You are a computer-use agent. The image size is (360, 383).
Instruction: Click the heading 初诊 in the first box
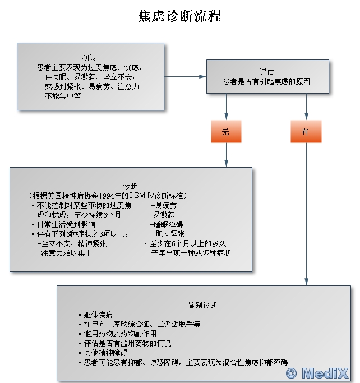coord(89,58)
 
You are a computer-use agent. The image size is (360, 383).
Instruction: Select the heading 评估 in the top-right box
coord(266,72)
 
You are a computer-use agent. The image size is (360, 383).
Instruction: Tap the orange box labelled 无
coord(225,132)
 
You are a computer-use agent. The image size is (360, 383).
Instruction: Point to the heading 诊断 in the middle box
coord(130,186)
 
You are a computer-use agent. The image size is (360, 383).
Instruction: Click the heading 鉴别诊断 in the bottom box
coord(202,305)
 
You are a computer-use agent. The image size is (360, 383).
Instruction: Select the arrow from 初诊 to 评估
coord(185,76)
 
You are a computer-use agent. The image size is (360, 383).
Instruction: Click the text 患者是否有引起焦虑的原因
coord(266,81)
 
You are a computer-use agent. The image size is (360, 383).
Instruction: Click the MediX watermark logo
coord(317,373)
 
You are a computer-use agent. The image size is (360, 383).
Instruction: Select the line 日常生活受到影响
coord(66,224)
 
